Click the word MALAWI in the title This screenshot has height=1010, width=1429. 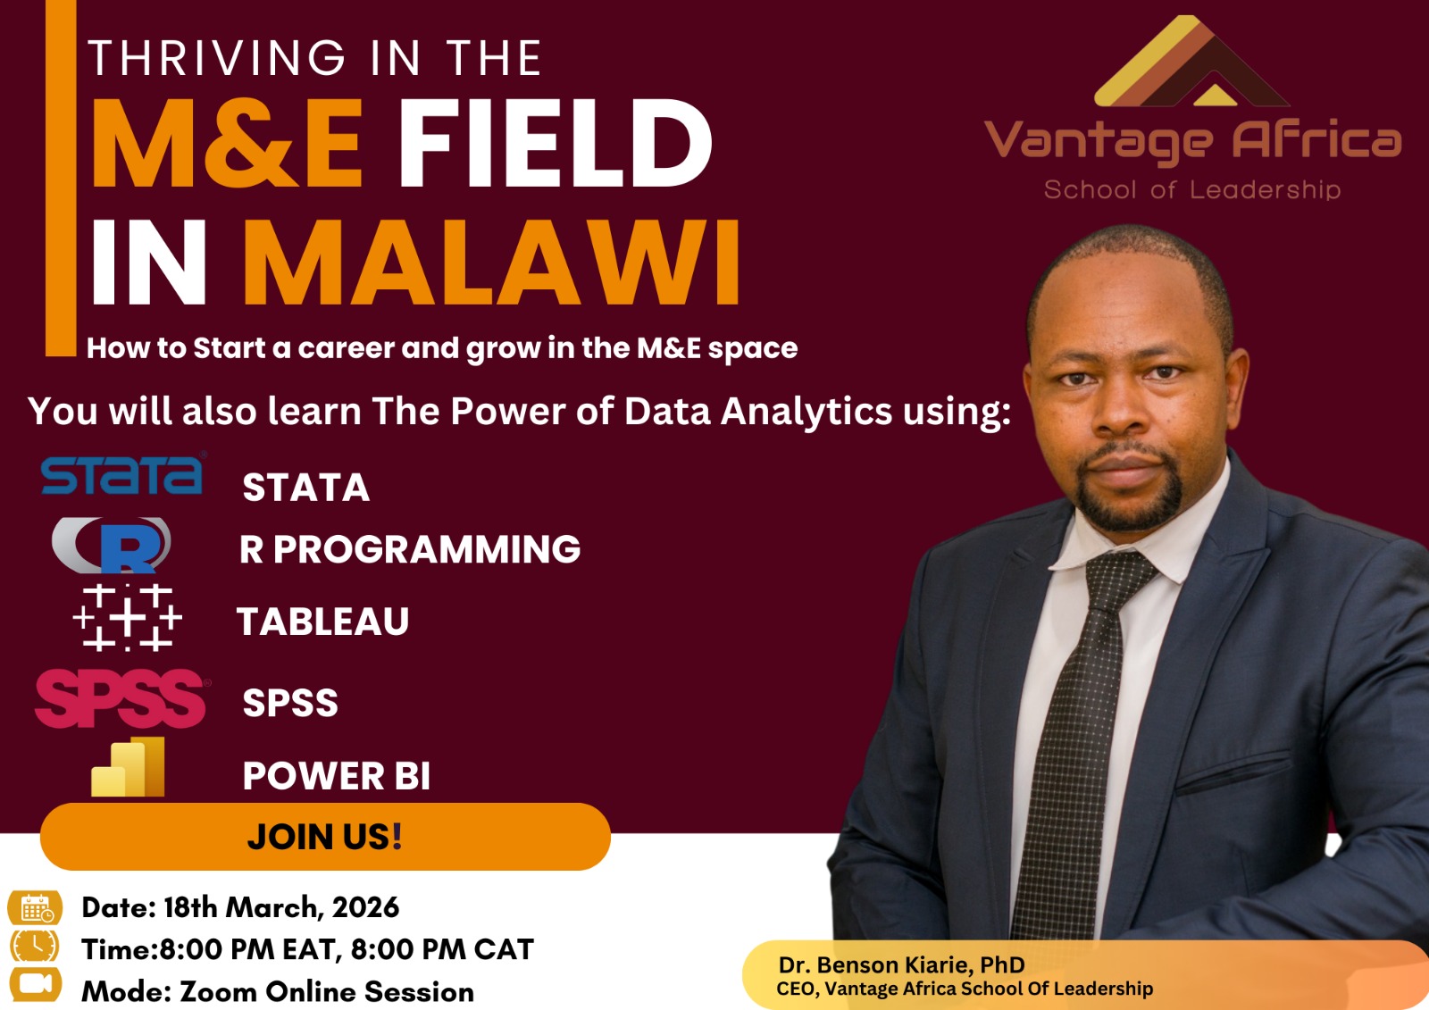[491, 263]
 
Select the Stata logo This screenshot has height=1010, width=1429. [122, 474]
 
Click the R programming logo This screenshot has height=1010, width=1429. [113, 545]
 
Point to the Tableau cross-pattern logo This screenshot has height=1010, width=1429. [127, 617]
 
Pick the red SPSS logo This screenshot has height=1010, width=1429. [121, 697]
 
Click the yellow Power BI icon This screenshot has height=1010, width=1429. [129, 768]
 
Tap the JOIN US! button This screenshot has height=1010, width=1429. [325, 837]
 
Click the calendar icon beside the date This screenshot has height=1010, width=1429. [36, 908]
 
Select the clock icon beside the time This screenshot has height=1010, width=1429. [35, 946]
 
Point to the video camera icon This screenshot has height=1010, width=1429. [35, 984]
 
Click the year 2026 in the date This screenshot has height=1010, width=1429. [365, 907]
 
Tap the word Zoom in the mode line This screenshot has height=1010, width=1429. [218, 991]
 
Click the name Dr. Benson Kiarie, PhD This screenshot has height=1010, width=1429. [901, 964]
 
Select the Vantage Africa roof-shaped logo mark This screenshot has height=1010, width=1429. [1191, 63]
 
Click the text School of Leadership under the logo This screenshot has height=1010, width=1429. [1191, 189]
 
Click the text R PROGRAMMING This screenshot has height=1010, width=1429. [410, 549]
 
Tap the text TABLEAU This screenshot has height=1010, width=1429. [322, 622]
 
